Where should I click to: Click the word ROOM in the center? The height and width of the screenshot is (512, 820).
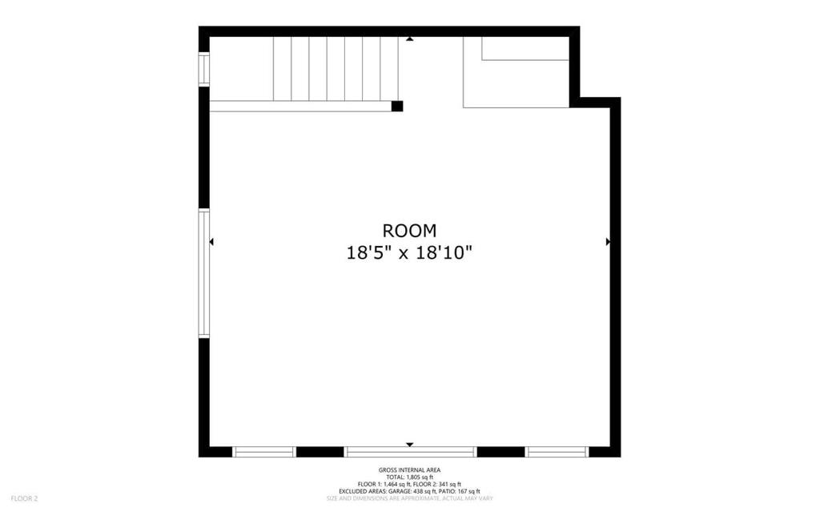pos(409,231)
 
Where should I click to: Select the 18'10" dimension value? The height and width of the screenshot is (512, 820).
pos(444,253)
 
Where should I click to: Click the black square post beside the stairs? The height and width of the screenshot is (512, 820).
pos(397,107)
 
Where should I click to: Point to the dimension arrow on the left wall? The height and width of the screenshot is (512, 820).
pos(211,242)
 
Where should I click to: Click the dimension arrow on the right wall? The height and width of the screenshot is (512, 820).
pos(608,242)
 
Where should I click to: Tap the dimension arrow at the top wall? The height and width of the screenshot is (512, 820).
pos(410,38)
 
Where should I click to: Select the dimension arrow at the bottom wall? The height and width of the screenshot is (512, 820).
pos(410,445)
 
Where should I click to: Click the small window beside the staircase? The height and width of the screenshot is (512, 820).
pos(204,69)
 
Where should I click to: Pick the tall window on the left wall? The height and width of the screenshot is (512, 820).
pos(204,274)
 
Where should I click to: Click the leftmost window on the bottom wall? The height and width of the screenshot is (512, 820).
pos(264,452)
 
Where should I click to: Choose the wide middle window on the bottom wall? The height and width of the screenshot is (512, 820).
pos(411,452)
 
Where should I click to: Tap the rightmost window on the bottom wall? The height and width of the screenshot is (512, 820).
pos(557,452)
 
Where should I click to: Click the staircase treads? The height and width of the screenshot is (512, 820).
pos(336,69)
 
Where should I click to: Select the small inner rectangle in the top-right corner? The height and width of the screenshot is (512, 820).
pos(525,48)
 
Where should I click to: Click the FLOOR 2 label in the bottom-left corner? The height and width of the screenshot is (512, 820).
pos(25,499)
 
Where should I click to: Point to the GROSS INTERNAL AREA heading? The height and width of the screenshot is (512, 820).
pos(409,470)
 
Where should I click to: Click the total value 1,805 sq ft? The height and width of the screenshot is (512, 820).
pos(420,478)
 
